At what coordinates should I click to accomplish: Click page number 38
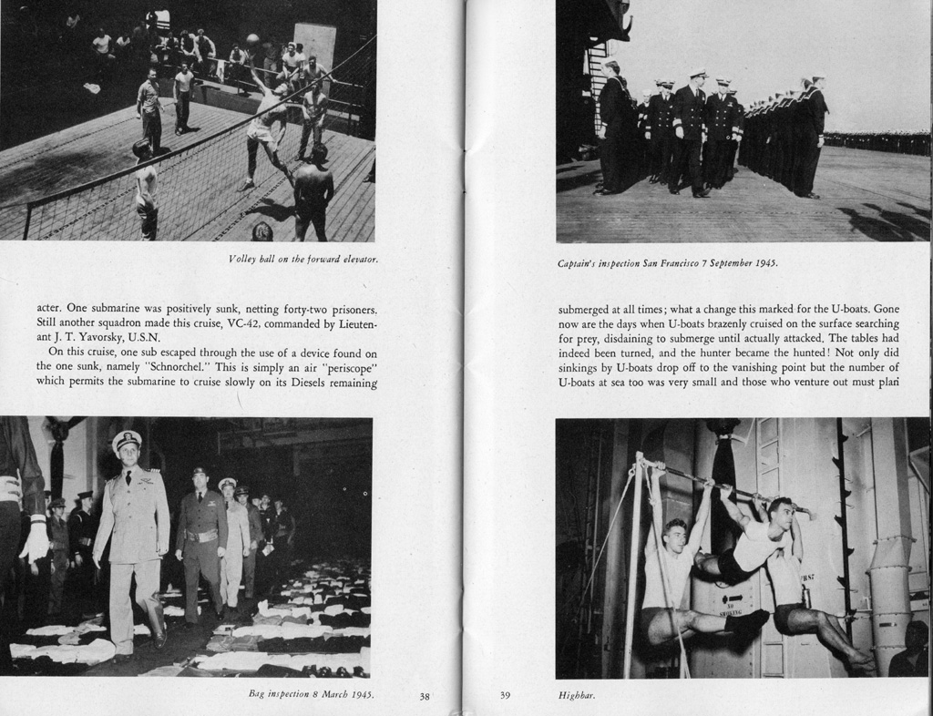(425, 697)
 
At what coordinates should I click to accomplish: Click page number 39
(505, 696)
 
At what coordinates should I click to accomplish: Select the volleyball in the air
(252, 40)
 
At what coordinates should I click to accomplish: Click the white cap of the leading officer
(127, 440)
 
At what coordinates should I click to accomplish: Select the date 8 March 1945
(343, 694)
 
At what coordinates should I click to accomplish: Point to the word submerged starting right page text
(588, 309)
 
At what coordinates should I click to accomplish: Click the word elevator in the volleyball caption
(358, 260)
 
